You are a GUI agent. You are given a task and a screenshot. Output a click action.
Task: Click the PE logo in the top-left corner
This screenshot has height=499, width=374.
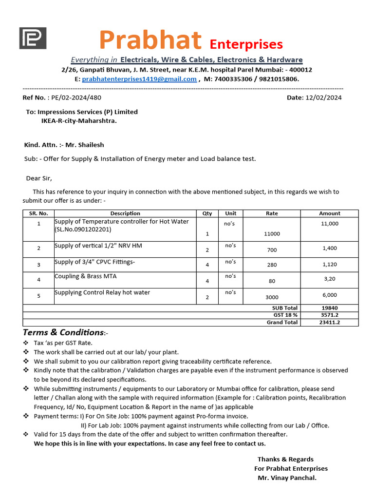33,38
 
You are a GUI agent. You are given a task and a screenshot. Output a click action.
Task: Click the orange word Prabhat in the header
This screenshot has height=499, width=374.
150,40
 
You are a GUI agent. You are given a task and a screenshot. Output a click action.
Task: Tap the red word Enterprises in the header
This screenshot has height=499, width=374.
246,44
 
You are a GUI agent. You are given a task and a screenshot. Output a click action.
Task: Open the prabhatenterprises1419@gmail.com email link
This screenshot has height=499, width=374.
139,79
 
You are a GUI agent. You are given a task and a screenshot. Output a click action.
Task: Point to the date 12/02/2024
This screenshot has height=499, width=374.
323,97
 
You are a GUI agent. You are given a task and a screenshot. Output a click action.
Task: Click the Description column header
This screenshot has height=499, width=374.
125,213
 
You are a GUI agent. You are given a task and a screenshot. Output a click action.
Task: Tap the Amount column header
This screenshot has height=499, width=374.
329,213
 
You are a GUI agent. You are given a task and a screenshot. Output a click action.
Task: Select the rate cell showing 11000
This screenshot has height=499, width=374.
272,234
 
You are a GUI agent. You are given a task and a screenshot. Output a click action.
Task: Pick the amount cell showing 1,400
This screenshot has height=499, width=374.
329,249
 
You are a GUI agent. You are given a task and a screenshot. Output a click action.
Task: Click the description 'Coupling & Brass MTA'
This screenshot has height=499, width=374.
85,276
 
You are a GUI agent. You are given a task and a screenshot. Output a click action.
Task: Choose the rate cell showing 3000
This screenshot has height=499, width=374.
272,297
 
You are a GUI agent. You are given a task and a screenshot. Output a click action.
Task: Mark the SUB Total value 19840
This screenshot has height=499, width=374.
329,308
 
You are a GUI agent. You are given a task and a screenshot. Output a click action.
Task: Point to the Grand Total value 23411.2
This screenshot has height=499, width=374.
329,322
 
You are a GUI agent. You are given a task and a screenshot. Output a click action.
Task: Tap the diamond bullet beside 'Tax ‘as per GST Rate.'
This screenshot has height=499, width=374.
26,343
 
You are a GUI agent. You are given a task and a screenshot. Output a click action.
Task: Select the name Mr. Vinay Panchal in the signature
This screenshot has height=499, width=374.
287,478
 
